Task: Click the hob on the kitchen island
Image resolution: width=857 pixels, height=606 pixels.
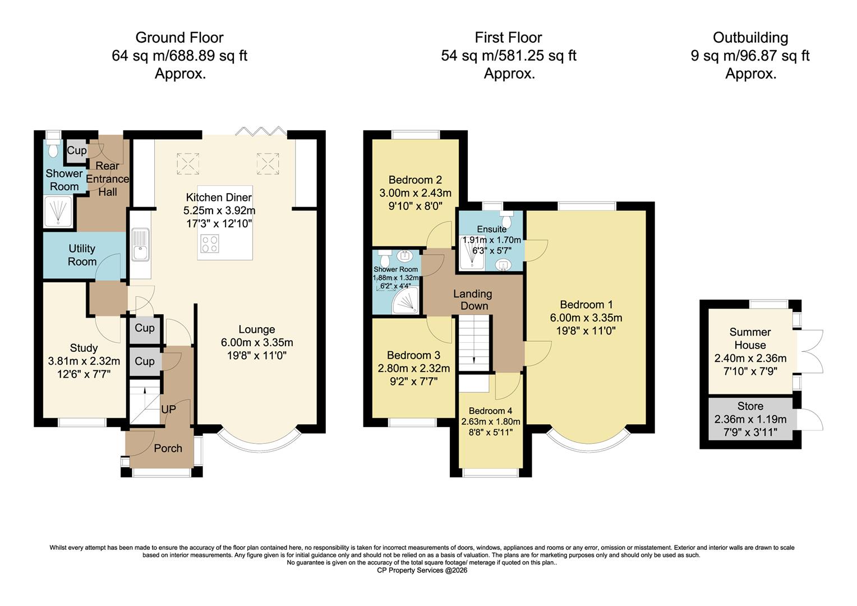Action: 210,244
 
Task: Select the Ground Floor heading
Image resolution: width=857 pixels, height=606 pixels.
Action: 179,38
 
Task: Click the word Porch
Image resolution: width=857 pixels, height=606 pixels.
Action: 168,448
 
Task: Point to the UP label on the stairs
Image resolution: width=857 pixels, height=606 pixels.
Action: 168,410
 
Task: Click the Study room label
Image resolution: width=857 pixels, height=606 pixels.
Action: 84,348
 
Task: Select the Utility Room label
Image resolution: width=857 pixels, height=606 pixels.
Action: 82,255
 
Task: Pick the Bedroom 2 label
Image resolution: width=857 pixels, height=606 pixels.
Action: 415,180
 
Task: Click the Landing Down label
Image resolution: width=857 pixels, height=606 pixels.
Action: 473,300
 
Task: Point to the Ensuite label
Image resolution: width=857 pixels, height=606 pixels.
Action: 491,229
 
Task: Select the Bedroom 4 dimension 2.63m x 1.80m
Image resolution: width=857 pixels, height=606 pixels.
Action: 491,421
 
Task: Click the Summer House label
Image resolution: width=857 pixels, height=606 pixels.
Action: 750,338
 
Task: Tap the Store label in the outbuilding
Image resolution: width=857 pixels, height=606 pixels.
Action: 750,406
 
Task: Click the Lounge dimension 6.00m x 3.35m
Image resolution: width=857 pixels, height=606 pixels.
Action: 257,342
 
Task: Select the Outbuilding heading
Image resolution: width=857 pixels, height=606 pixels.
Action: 750,38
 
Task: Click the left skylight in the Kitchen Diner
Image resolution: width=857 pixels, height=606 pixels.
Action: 188,163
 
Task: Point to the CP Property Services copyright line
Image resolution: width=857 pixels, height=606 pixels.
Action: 422,571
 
